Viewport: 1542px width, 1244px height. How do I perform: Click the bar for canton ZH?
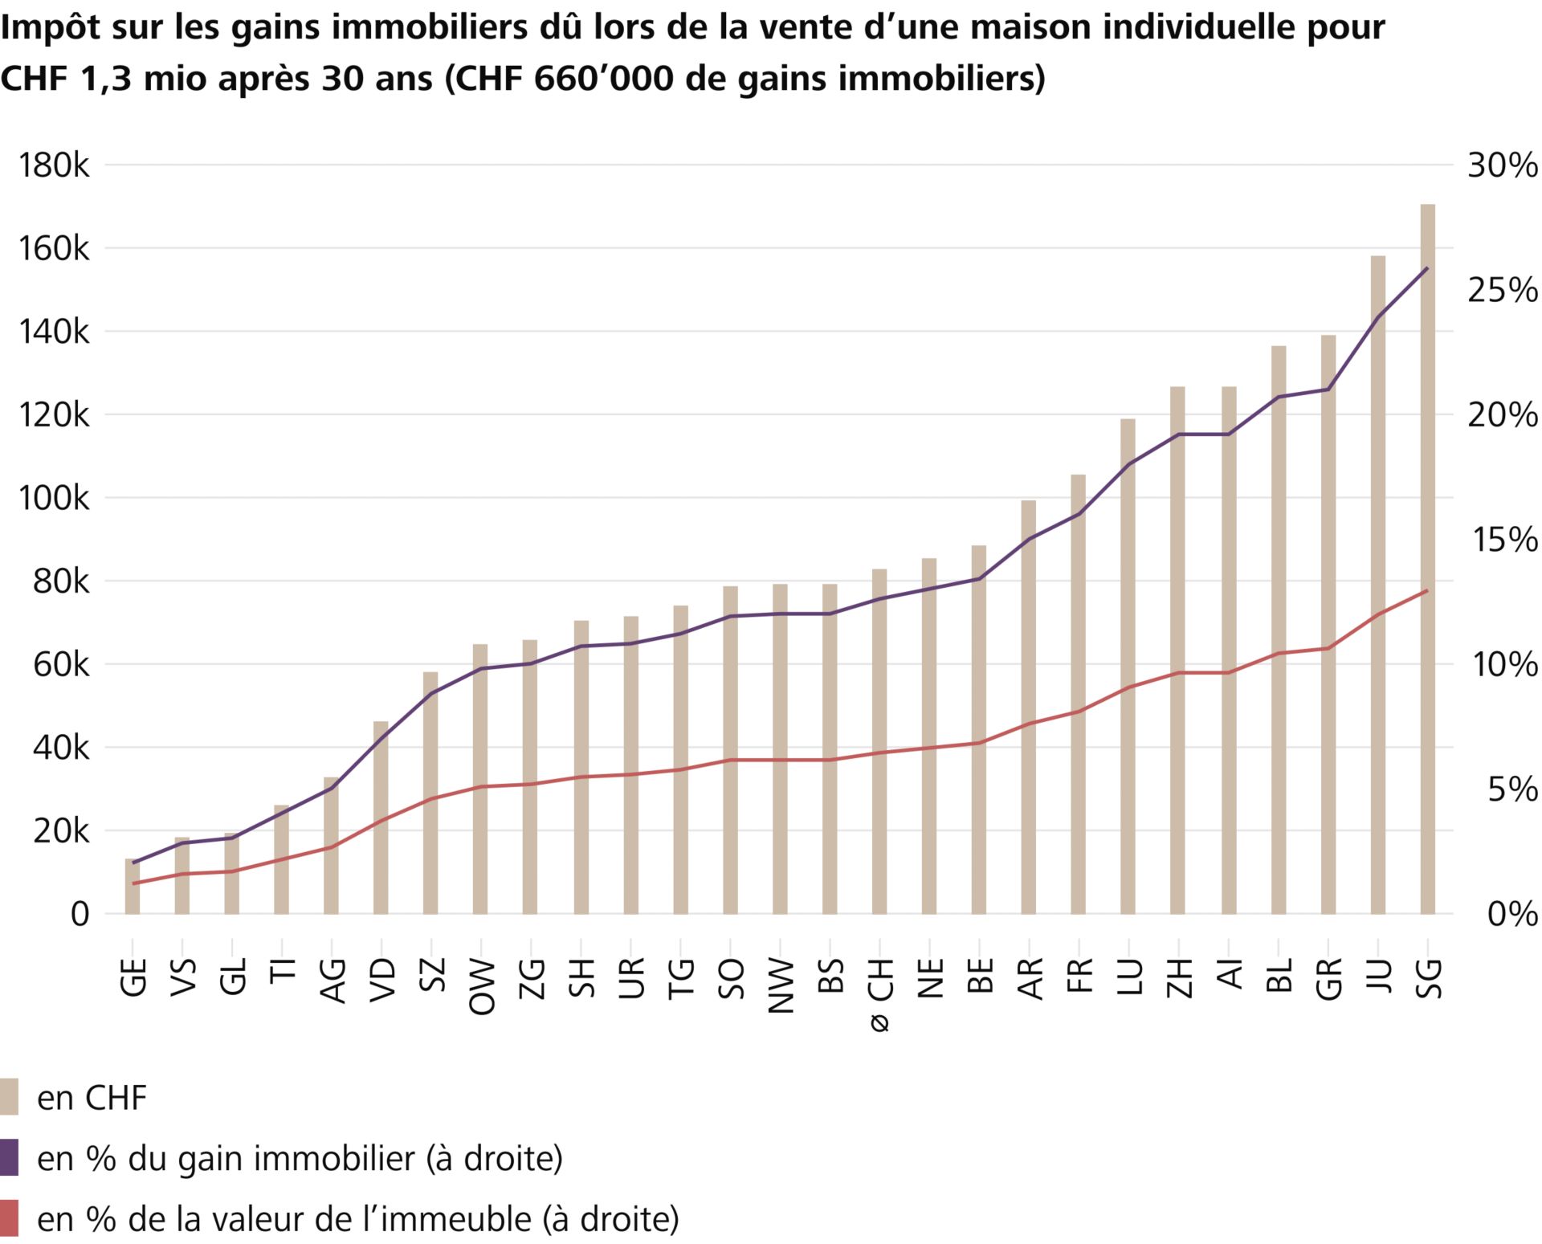point(1177,650)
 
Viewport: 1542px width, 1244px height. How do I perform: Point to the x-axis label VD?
point(383,979)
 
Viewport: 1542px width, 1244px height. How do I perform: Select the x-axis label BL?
point(1279,976)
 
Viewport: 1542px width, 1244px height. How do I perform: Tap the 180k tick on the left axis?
point(54,165)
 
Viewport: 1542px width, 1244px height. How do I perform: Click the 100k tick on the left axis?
point(54,498)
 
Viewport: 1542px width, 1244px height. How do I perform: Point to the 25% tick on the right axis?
point(1502,290)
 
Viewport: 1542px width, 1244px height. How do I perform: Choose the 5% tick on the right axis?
point(1512,789)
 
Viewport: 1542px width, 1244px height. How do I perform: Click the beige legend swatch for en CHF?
point(9,1097)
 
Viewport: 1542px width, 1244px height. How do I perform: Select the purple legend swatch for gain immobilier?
point(9,1157)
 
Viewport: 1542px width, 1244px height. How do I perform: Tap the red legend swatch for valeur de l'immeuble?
point(9,1218)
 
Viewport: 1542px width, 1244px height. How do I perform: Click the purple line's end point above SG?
point(1427,268)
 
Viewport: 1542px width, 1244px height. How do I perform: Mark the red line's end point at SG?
point(1427,591)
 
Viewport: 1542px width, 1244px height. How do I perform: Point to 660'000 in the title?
point(602,79)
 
